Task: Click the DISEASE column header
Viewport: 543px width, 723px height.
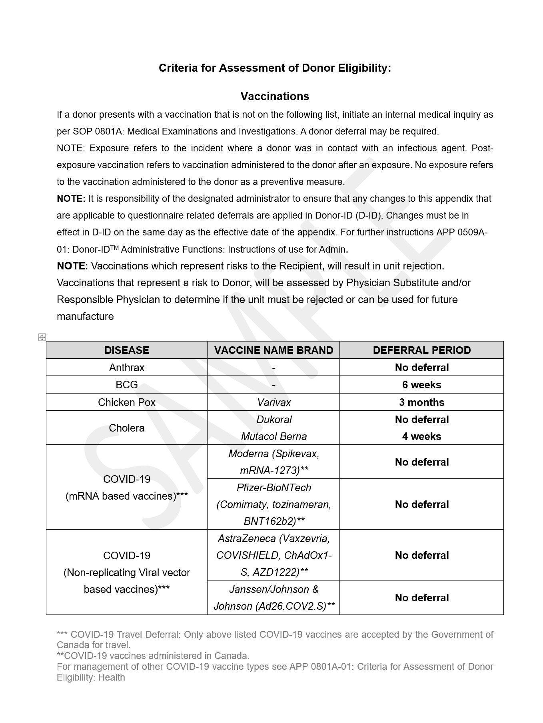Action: pyautogui.click(x=126, y=350)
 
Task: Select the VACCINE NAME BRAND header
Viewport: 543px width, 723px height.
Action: pyautogui.click(x=273, y=350)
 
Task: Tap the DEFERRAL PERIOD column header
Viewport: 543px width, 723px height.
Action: pyautogui.click(x=421, y=350)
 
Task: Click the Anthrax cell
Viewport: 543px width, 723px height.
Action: pyautogui.click(x=126, y=368)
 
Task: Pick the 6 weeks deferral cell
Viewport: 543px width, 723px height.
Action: pyautogui.click(x=421, y=385)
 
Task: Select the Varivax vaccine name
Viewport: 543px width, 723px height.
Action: pyautogui.click(x=274, y=402)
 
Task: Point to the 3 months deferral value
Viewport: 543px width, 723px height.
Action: pyautogui.click(x=421, y=402)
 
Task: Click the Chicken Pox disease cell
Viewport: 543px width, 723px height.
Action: pyautogui.click(x=126, y=402)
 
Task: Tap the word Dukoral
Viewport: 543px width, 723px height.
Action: pyautogui.click(x=274, y=420)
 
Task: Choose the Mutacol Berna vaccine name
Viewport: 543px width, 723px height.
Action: pyautogui.click(x=274, y=436)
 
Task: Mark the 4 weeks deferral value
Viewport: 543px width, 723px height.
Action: pyautogui.click(x=421, y=436)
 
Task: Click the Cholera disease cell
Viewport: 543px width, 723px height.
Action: pyautogui.click(x=126, y=428)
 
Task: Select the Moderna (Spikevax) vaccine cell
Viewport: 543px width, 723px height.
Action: pyautogui.click(x=274, y=462)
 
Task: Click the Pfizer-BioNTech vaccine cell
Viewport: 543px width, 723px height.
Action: pyautogui.click(x=274, y=504)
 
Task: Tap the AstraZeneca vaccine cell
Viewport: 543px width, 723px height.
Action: pyautogui.click(x=274, y=555)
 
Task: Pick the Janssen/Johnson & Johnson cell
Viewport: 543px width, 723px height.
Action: pyautogui.click(x=274, y=598)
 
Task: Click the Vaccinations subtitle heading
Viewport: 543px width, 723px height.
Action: pyautogui.click(x=275, y=96)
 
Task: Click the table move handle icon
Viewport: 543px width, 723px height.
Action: pyautogui.click(x=42, y=337)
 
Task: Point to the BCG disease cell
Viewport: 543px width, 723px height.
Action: pyautogui.click(x=126, y=385)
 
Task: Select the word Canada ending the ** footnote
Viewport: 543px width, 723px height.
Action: pyautogui.click(x=233, y=656)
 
